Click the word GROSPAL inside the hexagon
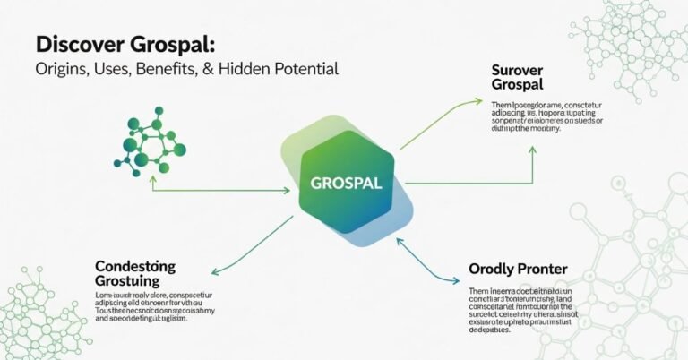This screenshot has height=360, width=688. tap(345, 183)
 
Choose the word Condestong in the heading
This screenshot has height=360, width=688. tap(134, 267)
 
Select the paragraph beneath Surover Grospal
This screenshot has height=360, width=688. tap(546, 117)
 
